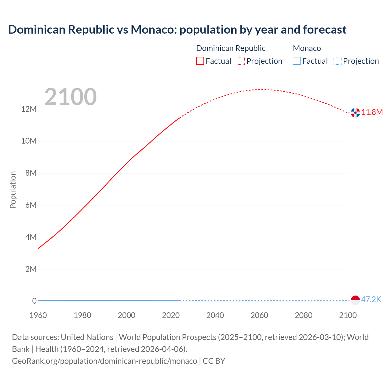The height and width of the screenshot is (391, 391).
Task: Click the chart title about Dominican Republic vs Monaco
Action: (x=177, y=30)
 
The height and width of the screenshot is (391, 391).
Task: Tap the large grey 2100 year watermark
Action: (x=71, y=97)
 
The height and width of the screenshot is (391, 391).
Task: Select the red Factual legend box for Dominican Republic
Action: (x=200, y=61)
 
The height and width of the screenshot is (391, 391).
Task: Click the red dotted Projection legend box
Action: (x=241, y=61)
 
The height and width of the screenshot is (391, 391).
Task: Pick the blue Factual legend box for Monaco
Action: (x=297, y=61)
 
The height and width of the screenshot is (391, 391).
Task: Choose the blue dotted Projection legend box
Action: (x=338, y=61)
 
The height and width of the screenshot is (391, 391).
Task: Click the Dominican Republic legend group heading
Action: (x=231, y=48)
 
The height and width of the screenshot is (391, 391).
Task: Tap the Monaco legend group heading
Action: (x=307, y=48)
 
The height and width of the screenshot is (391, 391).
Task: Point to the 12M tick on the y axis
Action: (x=29, y=109)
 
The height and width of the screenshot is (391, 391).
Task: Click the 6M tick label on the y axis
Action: (x=31, y=205)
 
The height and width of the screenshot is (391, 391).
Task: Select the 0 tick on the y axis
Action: (x=35, y=301)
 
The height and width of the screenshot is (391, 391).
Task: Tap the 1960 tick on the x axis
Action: (x=38, y=315)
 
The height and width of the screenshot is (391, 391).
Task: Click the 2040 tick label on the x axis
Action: (x=215, y=315)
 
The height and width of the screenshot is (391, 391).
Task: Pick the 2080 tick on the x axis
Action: (x=304, y=315)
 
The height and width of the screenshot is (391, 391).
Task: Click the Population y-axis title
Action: (x=13, y=190)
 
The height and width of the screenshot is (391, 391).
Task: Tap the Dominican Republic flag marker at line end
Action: (x=355, y=113)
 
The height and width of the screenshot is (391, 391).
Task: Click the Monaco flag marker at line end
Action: (x=355, y=300)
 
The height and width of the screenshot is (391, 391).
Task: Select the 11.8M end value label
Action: (x=372, y=112)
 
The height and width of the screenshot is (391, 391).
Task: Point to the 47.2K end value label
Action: (x=371, y=299)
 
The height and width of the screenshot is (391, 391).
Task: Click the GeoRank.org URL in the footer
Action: (x=104, y=361)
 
